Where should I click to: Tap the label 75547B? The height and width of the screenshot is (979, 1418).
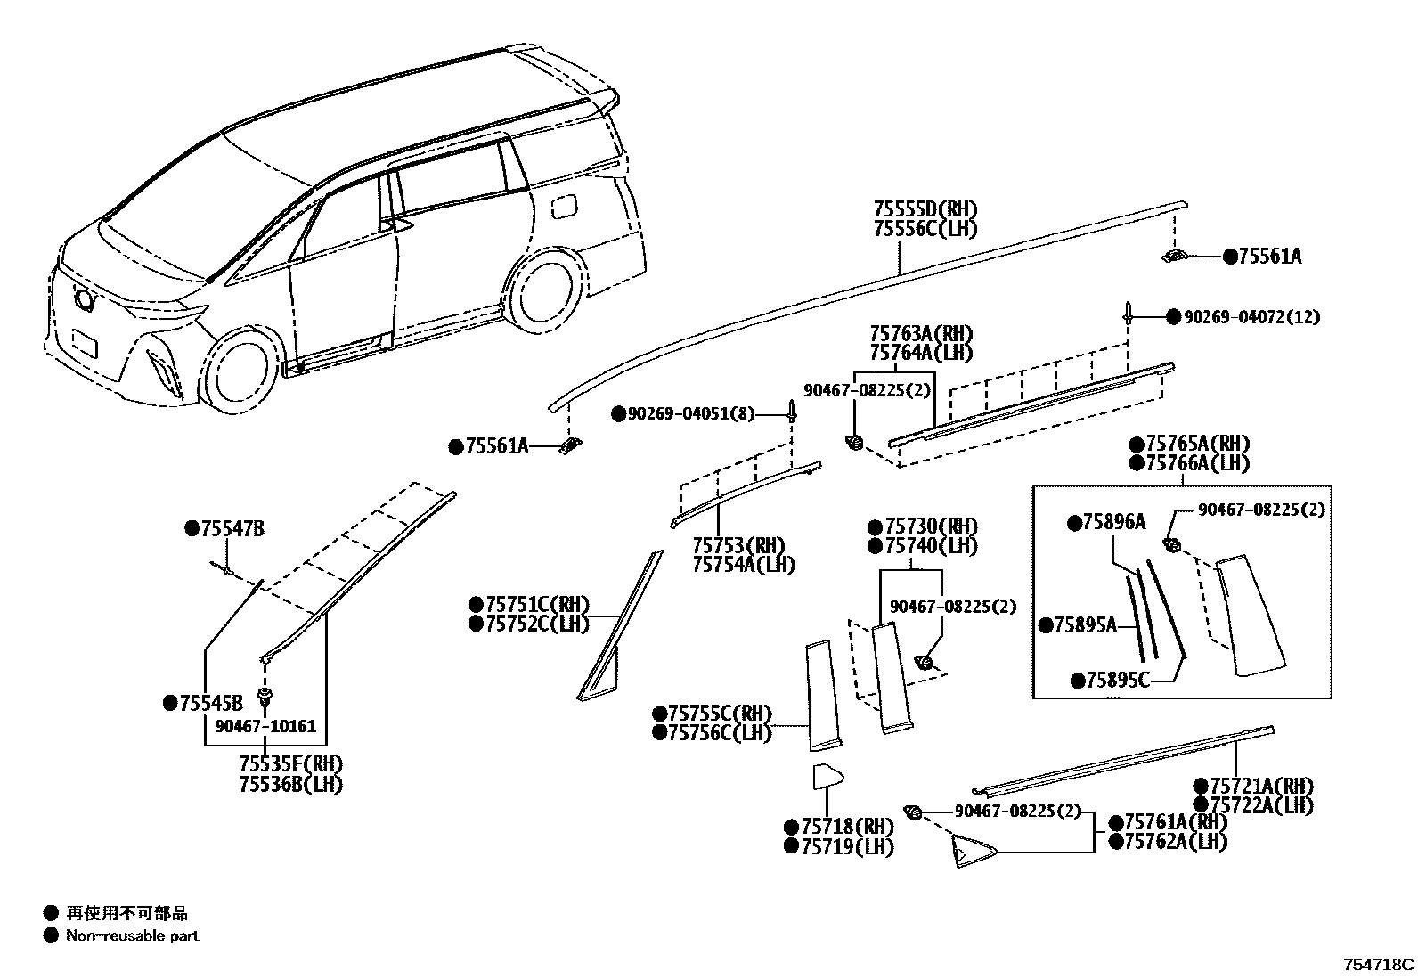pos(232,529)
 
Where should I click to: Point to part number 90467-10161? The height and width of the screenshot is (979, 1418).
pos(265,726)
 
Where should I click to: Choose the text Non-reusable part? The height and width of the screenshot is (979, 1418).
pos(133,936)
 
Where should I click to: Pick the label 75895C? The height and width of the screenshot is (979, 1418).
pos(1117,681)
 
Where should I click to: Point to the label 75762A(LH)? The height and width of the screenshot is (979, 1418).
pos(1175,841)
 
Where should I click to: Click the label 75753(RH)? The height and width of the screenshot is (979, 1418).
pos(745,545)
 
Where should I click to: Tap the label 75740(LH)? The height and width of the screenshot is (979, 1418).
pos(931,546)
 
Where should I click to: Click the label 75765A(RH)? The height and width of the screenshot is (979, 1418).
pos(1197,444)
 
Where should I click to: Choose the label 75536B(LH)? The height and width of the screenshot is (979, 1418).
pos(290,784)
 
